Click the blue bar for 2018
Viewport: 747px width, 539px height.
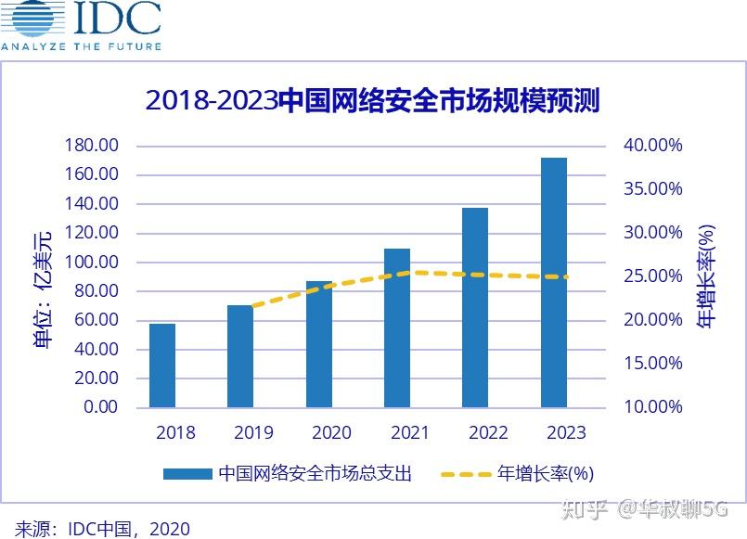[162, 366]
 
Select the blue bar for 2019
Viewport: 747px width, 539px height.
[240, 356]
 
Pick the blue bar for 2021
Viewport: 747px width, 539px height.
[397, 327]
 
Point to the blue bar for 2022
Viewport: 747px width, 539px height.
[475, 307]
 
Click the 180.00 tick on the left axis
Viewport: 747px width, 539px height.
[91, 146]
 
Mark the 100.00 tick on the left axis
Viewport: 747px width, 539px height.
[91, 263]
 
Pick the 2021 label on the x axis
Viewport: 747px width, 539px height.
[409, 433]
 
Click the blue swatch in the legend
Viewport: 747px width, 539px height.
[187, 474]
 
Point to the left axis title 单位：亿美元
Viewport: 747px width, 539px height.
[44, 289]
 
